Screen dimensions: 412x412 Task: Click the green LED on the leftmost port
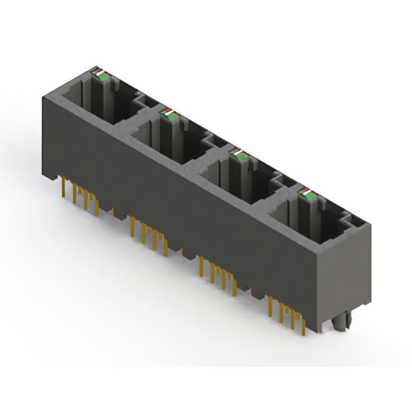pos(101,76)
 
